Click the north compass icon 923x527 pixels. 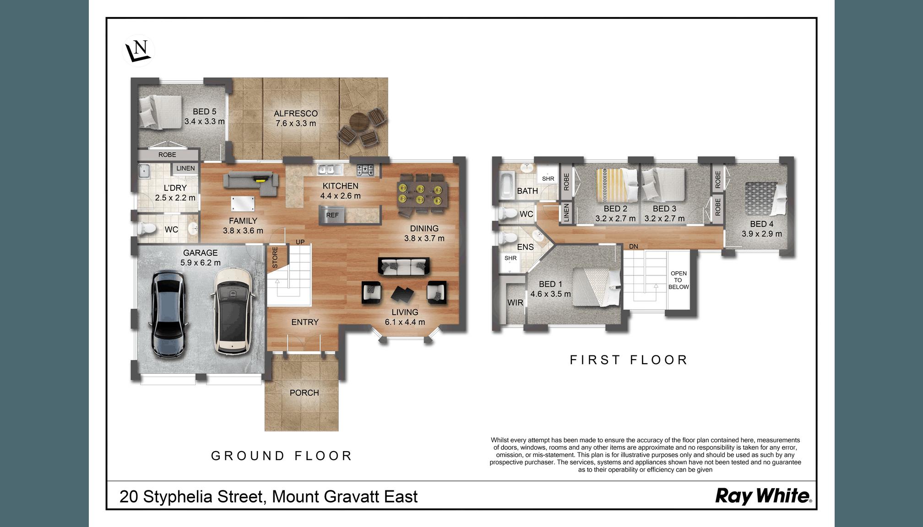(139, 50)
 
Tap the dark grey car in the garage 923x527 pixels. (168, 314)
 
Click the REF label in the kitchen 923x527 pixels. (332, 215)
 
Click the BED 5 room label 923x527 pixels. (205, 112)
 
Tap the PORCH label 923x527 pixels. (304, 393)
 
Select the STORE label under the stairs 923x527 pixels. (275, 258)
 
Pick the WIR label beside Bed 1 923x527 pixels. (515, 303)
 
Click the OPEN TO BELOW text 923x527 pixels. (679, 280)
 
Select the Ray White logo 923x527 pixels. (763, 496)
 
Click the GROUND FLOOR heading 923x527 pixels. (281, 456)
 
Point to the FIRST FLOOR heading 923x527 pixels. (629, 360)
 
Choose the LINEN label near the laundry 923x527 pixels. (185, 168)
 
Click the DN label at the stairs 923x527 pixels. (634, 247)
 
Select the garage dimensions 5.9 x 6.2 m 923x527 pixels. (201, 263)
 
